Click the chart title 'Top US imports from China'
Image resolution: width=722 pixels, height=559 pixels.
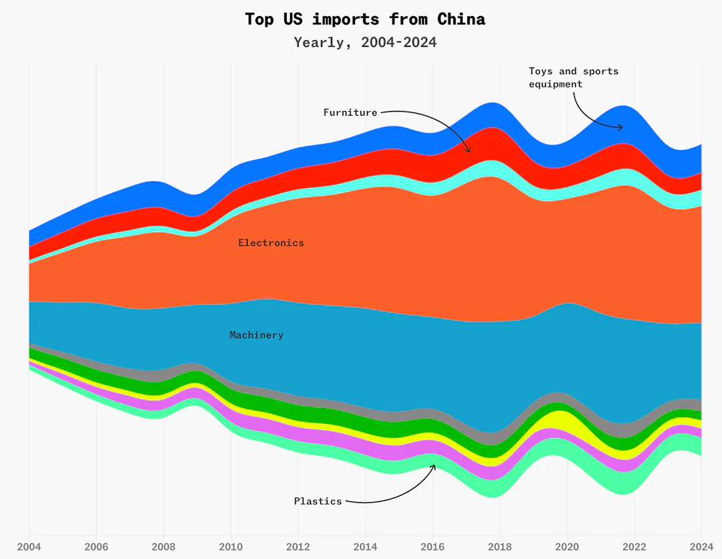click(365, 19)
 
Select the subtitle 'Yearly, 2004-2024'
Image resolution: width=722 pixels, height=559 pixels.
click(365, 43)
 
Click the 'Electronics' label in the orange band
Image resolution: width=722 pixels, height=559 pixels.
click(271, 243)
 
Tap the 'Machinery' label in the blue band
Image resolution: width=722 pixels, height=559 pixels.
click(256, 335)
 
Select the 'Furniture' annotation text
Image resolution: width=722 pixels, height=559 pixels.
click(350, 112)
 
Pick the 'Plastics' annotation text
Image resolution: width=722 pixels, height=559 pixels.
click(318, 501)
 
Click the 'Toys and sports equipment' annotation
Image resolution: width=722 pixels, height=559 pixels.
click(574, 78)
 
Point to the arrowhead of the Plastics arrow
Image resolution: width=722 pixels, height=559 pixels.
click(435, 465)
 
